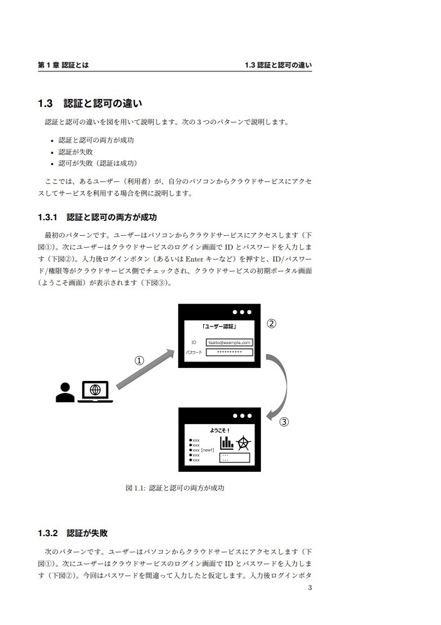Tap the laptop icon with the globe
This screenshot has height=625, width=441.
tap(95, 391)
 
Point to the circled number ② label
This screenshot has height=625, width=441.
tap(271, 324)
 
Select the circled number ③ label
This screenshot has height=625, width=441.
tap(283, 422)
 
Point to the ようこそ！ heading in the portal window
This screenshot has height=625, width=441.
tap(219, 430)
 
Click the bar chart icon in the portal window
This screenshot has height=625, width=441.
tap(226, 442)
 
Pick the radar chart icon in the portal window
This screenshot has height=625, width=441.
tap(243, 443)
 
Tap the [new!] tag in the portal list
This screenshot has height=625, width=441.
tap(208, 450)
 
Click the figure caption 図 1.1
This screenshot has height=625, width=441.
tap(175, 488)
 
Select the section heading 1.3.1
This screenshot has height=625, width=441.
tap(97, 217)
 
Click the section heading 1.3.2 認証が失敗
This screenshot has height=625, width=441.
tap(73, 534)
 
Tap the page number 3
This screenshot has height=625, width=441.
tap(310, 588)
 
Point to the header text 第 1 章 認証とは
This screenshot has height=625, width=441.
tap(63, 65)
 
